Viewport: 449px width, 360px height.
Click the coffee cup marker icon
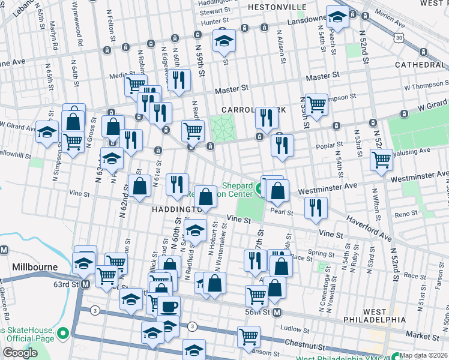(x=168, y=307)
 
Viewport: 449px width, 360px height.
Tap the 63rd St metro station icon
(x=85, y=284)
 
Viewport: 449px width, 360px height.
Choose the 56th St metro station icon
(x=277, y=312)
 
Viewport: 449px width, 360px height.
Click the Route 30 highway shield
(x=399, y=37)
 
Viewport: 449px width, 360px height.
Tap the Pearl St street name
(x=281, y=212)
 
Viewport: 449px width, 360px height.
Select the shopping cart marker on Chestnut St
(x=248, y=337)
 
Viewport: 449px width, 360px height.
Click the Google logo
(x=20, y=353)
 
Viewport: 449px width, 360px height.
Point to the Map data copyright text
(x=424, y=355)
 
